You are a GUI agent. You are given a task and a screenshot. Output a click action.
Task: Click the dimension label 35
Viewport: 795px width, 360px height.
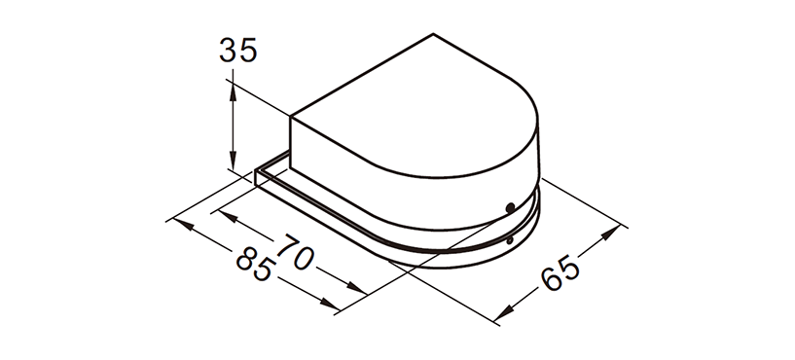point(238,51)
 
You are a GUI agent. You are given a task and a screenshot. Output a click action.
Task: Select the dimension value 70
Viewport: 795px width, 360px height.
point(297,252)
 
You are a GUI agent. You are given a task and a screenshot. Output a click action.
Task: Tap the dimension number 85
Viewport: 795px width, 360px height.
point(257,266)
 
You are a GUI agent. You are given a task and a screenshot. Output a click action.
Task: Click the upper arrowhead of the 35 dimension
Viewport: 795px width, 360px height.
point(233,91)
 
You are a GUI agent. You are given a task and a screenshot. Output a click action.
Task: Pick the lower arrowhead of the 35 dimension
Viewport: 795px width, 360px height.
point(233,161)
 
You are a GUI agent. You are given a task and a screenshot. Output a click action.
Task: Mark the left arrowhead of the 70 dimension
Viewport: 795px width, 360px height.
point(228,217)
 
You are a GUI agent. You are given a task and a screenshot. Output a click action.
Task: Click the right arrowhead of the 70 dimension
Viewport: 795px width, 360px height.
point(355,288)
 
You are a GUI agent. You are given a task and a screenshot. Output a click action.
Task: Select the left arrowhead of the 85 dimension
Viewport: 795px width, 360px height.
point(183,224)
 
